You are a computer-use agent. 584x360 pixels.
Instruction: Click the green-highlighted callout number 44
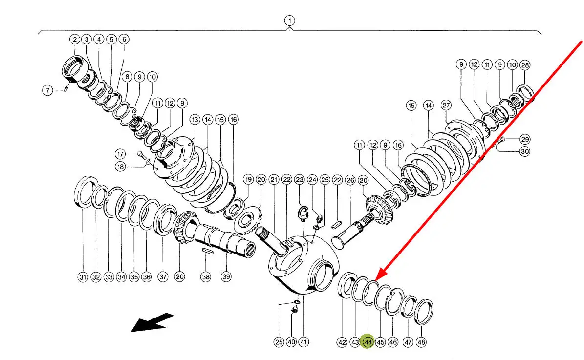pyautogui.click(x=368, y=342)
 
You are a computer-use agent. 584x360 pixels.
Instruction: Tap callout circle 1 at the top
pyautogui.click(x=290, y=21)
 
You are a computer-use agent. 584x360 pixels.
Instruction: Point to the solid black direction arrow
pyautogui.click(x=152, y=322)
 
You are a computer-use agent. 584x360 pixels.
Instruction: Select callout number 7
pyautogui.click(x=47, y=90)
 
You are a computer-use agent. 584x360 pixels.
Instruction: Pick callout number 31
pyautogui.click(x=83, y=277)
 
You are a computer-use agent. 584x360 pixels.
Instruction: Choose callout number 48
pyautogui.click(x=421, y=342)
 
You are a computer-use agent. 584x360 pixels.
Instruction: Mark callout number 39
pyautogui.click(x=225, y=277)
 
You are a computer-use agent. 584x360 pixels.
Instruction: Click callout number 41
pyautogui.click(x=303, y=342)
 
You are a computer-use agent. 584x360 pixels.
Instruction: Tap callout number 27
pyautogui.click(x=446, y=105)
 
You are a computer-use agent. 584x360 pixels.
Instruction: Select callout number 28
pyautogui.click(x=524, y=64)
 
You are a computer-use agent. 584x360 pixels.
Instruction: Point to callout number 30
pyautogui.click(x=524, y=151)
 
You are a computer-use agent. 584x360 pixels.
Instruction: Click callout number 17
pyautogui.click(x=120, y=154)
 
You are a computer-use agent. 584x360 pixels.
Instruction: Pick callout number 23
pyautogui.click(x=300, y=180)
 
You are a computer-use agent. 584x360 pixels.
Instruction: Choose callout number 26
pyautogui.click(x=350, y=180)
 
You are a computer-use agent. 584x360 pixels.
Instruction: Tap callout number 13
pyautogui.click(x=195, y=119)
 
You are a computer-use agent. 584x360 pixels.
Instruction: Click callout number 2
pyautogui.click(x=74, y=39)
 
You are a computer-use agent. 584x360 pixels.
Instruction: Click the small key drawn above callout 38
pyautogui.click(x=206, y=251)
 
